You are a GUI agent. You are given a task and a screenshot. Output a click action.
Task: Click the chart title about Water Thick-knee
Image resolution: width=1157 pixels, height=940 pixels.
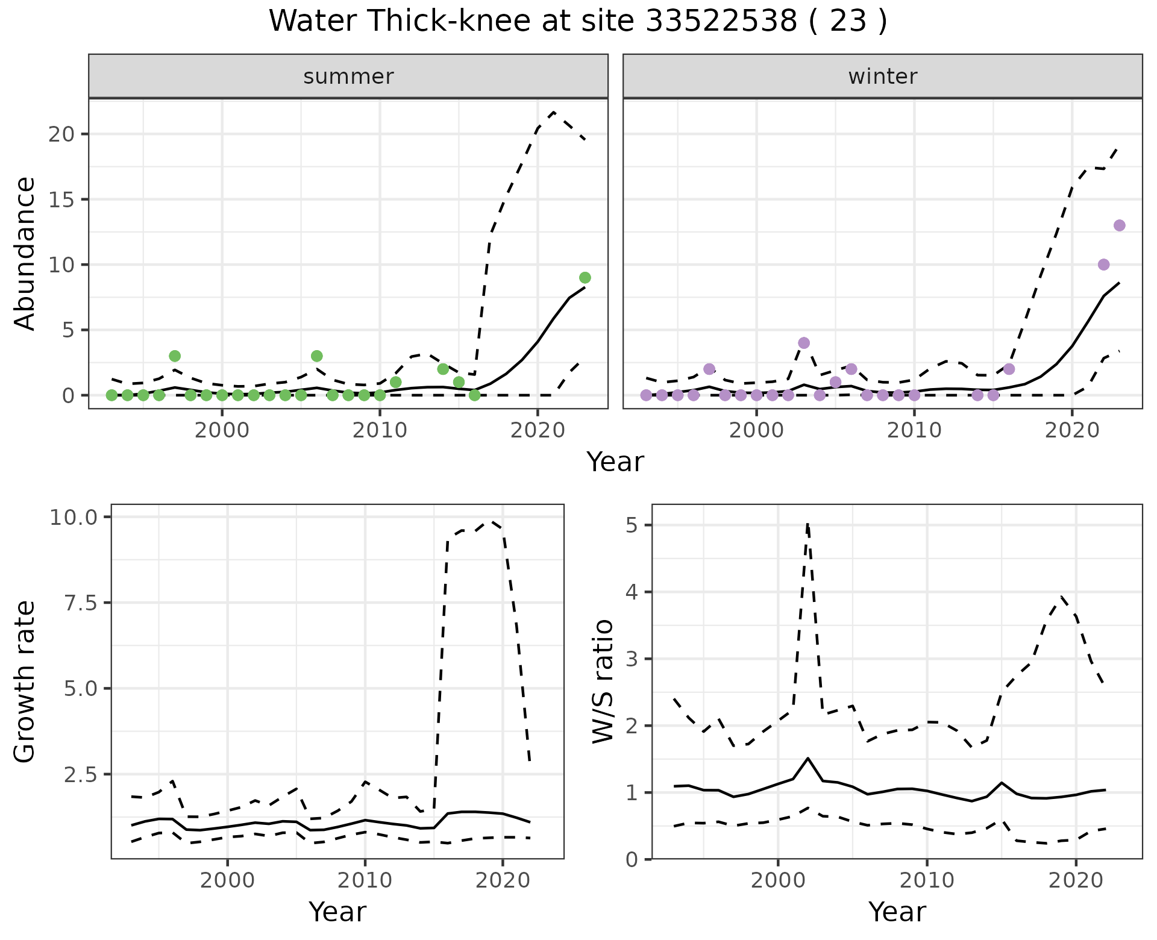click(x=578, y=22)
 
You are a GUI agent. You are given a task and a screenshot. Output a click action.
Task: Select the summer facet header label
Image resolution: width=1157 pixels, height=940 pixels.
click(x=348, y=77)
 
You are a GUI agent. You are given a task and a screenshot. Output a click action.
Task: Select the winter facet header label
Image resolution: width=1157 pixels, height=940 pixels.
click(x=882, y=77)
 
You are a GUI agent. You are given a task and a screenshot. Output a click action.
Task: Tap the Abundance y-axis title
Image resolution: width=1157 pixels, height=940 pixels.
click(x=25, y=254)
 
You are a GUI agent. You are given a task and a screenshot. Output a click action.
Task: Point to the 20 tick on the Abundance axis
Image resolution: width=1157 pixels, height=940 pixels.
click(x=61, y=134)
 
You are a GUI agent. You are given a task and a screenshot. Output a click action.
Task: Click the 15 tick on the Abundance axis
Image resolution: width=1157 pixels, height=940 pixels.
click(x=61, y=199)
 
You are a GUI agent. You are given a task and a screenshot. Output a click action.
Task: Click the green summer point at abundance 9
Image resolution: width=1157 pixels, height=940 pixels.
click(x=585, y=278)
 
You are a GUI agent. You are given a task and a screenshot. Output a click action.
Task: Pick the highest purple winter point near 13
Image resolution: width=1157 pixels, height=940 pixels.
click(x=1120, y=225)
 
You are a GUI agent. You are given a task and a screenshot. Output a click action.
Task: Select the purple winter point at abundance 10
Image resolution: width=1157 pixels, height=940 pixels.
click(x=1104, y=265)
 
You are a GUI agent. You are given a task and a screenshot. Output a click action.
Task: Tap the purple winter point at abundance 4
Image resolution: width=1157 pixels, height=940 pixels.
click(x=804, y=343)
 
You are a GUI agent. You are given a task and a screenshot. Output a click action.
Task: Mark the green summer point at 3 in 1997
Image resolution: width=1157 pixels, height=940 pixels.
click(x=175, y=356)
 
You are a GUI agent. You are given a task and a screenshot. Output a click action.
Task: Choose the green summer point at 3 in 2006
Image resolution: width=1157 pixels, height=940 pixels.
click(x=317, y=356)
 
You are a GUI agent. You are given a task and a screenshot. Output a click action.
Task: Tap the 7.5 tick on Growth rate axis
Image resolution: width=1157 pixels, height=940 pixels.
click(x=84, y=603)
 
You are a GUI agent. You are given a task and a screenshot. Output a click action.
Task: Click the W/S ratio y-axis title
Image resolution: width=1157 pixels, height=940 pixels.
click(x=603, y=681)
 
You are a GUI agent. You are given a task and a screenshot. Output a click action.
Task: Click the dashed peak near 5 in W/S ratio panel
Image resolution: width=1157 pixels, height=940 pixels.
click(x=807, y=525)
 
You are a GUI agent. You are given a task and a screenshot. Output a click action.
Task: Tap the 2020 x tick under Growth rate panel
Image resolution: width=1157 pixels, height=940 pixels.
click(x=503, y=880)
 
